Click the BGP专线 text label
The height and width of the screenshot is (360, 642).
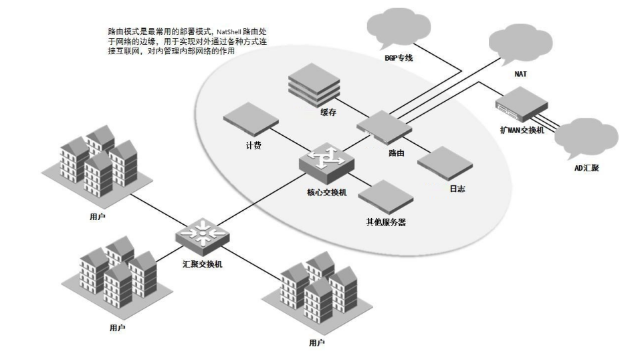(399, 58)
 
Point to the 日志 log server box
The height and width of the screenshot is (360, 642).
(445, 163)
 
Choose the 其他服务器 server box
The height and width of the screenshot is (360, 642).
(385, 197)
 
